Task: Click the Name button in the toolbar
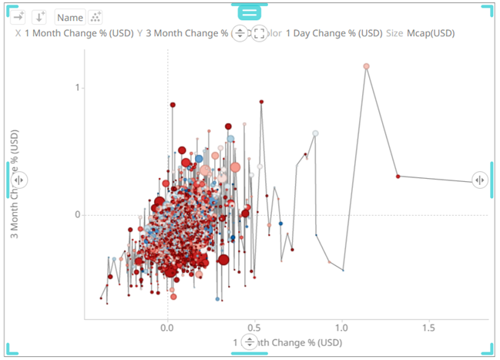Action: [70, 17]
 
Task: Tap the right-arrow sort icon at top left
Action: [19, 17]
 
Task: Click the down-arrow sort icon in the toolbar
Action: [39, 17]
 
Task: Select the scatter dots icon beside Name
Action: [96, 17]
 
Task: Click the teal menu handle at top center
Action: [250, 12]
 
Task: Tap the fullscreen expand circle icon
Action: [260, 34]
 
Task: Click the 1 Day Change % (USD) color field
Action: [334, 34]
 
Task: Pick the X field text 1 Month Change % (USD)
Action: [79, 34]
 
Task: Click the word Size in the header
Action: [394, 34]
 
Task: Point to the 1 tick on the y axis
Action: [77, 88]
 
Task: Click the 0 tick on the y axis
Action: [77, 214]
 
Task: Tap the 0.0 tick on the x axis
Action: [168, 327]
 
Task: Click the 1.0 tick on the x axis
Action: [341, 327]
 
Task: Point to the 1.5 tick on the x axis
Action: [428, 327]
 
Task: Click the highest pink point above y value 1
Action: [367, 66]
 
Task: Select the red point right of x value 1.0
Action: [398, 177]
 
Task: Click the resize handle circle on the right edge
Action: [480, 180]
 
